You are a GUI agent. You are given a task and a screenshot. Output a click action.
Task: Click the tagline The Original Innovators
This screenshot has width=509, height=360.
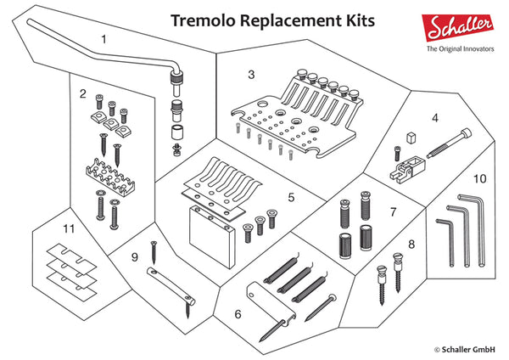click(x=461, y=49)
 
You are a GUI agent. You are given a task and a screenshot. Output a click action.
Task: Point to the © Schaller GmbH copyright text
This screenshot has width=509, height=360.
click(x=466, y=348)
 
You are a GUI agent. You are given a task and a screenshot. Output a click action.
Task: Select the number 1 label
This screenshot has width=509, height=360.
click(x=103, y=39)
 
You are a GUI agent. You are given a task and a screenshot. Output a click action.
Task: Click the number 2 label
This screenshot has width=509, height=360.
click(x=83, y=93)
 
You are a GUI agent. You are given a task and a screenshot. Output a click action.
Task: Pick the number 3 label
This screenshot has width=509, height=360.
click(x=251, y=75)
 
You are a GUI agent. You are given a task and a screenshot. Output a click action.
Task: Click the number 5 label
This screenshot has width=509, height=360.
click(x=291, y=198)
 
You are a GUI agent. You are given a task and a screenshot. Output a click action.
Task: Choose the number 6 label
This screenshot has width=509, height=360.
click(x=238, y=313)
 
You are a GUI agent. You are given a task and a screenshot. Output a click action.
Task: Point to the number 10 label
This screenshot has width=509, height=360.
click(x=479, y=179)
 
